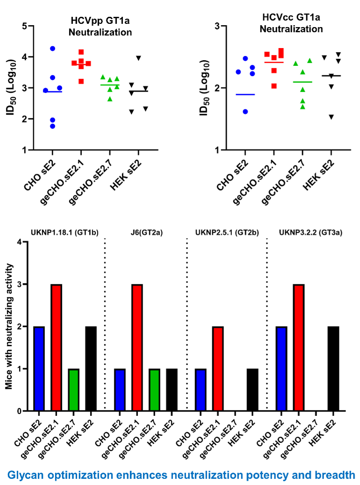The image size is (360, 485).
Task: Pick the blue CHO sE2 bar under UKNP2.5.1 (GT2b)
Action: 201,390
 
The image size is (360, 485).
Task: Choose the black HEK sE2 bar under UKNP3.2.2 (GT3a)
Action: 332,369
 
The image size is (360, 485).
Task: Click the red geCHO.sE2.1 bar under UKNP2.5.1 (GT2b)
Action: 218,369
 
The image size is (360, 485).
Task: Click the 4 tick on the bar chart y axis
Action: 19,242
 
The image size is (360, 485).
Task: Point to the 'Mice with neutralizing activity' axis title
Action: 8,326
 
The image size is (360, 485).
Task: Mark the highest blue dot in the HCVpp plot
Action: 52,49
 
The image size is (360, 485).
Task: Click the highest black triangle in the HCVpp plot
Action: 138,58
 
